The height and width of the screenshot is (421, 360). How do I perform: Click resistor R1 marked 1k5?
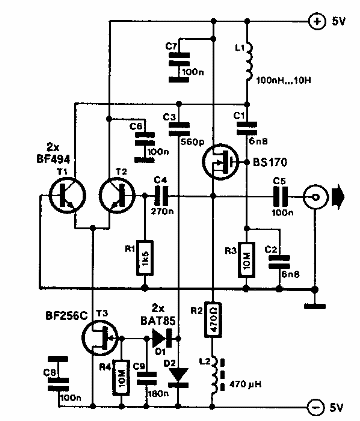146,254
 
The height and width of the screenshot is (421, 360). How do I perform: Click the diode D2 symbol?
179,375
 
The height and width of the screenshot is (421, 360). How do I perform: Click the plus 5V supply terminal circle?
315,19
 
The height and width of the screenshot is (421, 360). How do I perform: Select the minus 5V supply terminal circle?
315,407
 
